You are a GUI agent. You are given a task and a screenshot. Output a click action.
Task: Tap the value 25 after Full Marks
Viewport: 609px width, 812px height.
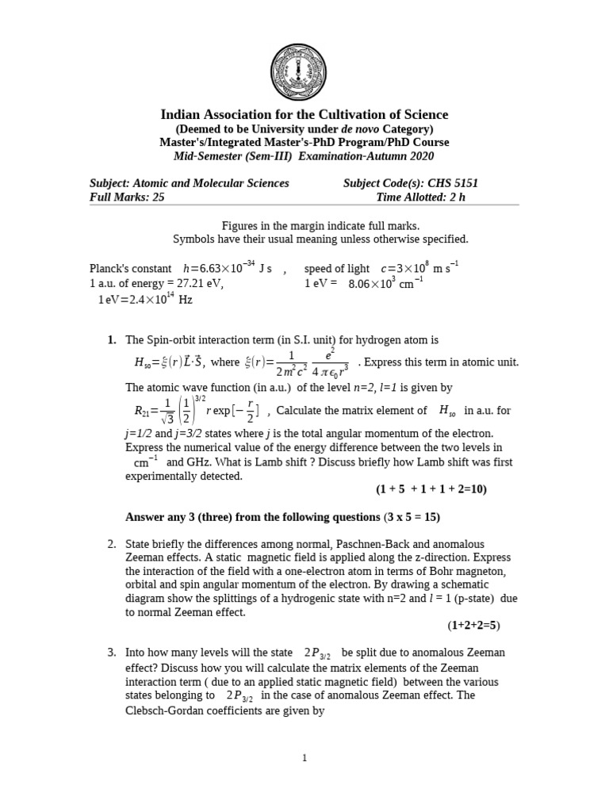coord(158,197)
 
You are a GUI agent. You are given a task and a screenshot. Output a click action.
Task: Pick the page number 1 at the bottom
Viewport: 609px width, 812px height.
coord(304,758)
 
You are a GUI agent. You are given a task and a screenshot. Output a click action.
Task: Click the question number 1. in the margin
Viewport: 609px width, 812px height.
coord(112,340)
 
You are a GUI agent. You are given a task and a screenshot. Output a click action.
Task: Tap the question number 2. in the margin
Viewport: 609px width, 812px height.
coord(112,544)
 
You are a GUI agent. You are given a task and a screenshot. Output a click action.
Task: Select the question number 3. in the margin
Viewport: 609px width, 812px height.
coord(112,653)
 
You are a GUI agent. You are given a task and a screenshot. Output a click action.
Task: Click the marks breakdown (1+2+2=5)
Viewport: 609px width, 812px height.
coord(474,625)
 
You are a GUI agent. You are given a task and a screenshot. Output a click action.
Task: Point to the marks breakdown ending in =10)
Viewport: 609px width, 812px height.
coord(431,489)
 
